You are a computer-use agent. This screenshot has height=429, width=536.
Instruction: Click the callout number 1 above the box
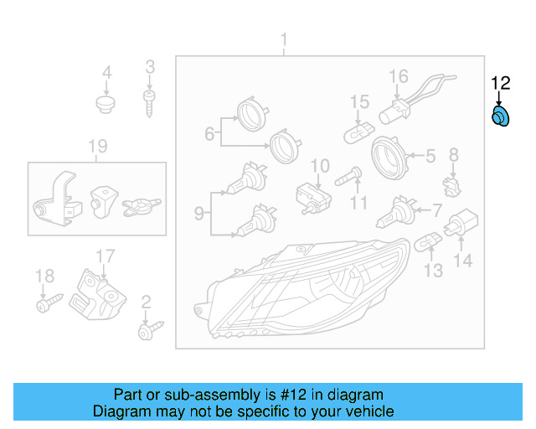[283, 39]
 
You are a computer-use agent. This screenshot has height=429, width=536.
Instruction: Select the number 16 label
[398, 77]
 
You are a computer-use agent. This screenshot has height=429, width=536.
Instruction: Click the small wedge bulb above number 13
[429, 243]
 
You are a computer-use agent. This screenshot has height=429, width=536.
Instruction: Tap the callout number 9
[198, 214]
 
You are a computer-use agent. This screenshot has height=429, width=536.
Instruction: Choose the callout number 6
[209, 132]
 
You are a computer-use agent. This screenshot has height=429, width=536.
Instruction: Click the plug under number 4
[106, 105]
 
